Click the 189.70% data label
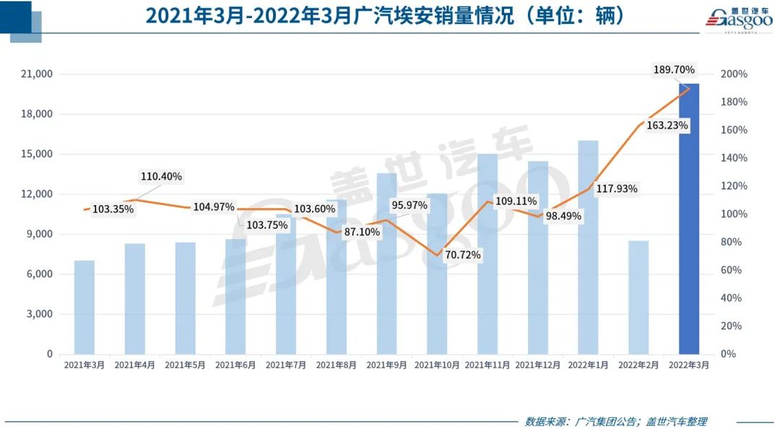click(x=673, y=70)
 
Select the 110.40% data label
click(x=160, y=176)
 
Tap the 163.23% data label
click(x=667, y=125)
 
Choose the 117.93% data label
click(x=617, y=189)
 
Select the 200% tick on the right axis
click(x=734, y=74)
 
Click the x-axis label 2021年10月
click(x=437, y=365)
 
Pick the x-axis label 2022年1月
click(x=589, y=365)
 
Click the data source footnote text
click(x=615, y=422)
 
